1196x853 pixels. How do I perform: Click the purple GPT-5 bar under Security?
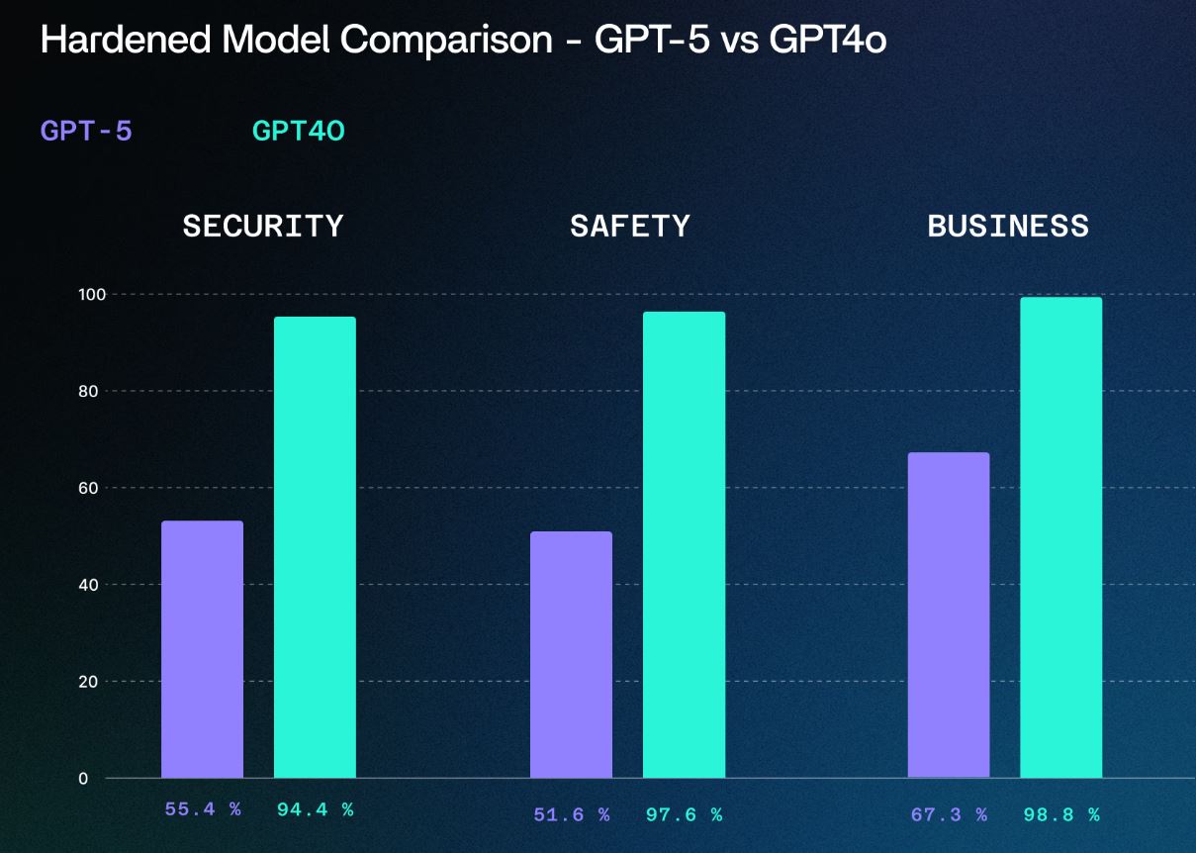tap(202, 649)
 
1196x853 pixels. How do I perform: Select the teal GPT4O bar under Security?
tap(315, 547)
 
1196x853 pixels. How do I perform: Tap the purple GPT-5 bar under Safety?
tap(571, 654)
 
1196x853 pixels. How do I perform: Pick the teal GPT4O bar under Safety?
tap(684, 544)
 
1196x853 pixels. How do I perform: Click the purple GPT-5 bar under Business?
tap(948, 615)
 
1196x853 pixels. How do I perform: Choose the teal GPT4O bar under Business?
tap(1060, 537)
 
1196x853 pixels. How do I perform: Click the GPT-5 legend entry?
tap(86, 131)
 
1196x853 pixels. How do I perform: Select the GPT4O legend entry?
tap(298, 131)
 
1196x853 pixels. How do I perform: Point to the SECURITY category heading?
tap(262, 226)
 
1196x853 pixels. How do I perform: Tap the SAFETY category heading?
tap(630, 226)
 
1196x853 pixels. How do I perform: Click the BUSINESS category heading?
tap(1007, 226)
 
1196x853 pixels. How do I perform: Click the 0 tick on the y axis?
tap(83, 779)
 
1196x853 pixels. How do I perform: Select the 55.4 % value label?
tap(202, 809)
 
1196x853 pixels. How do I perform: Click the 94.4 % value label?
tap(315, 809)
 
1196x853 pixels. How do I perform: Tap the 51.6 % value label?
tap(571, 815)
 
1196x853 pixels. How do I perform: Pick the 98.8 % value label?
tap(1060, 815)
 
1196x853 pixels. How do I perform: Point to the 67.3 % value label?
tap(948, 815)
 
